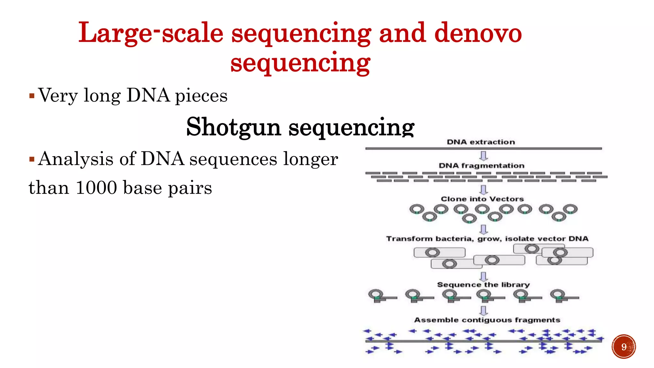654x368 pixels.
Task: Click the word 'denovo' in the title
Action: click(x=478, y=33)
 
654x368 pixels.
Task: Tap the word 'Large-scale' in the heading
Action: click(x=151, y=33)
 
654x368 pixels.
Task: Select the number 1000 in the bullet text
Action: click(x=96, y=188)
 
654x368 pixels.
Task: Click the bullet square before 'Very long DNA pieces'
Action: click(x=32, y=96)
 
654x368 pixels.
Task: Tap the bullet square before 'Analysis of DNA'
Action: click(x=32, y=159)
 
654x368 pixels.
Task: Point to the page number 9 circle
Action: click(x=624, y=347)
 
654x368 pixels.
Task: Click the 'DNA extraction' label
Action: click(x=481, y=142)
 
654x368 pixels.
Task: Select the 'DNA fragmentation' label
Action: click(x=481, y=165)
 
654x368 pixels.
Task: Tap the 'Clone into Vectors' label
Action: click(x=482, y=199)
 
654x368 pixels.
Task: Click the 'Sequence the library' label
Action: click(x=483, y=284)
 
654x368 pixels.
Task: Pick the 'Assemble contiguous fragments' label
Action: click(x=487, y=320)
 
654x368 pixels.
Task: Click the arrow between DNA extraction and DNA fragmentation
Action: click(x=484, y=156)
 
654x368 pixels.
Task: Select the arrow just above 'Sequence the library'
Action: click(x=484, y=276)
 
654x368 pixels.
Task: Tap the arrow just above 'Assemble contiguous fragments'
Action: click(x=484, y=310)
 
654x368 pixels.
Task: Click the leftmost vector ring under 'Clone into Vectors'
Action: click(x=417, y=210)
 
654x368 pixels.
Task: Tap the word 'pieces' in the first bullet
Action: click(x=201, y=96)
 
